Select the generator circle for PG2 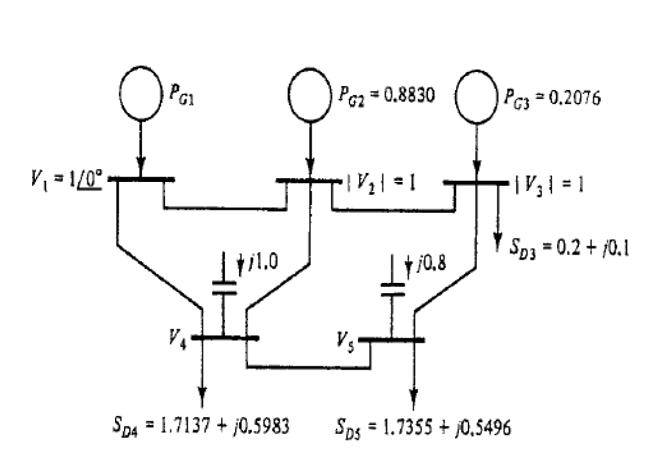(311, 95)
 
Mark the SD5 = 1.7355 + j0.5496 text (423, 428)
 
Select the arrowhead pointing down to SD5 (413, 393)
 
